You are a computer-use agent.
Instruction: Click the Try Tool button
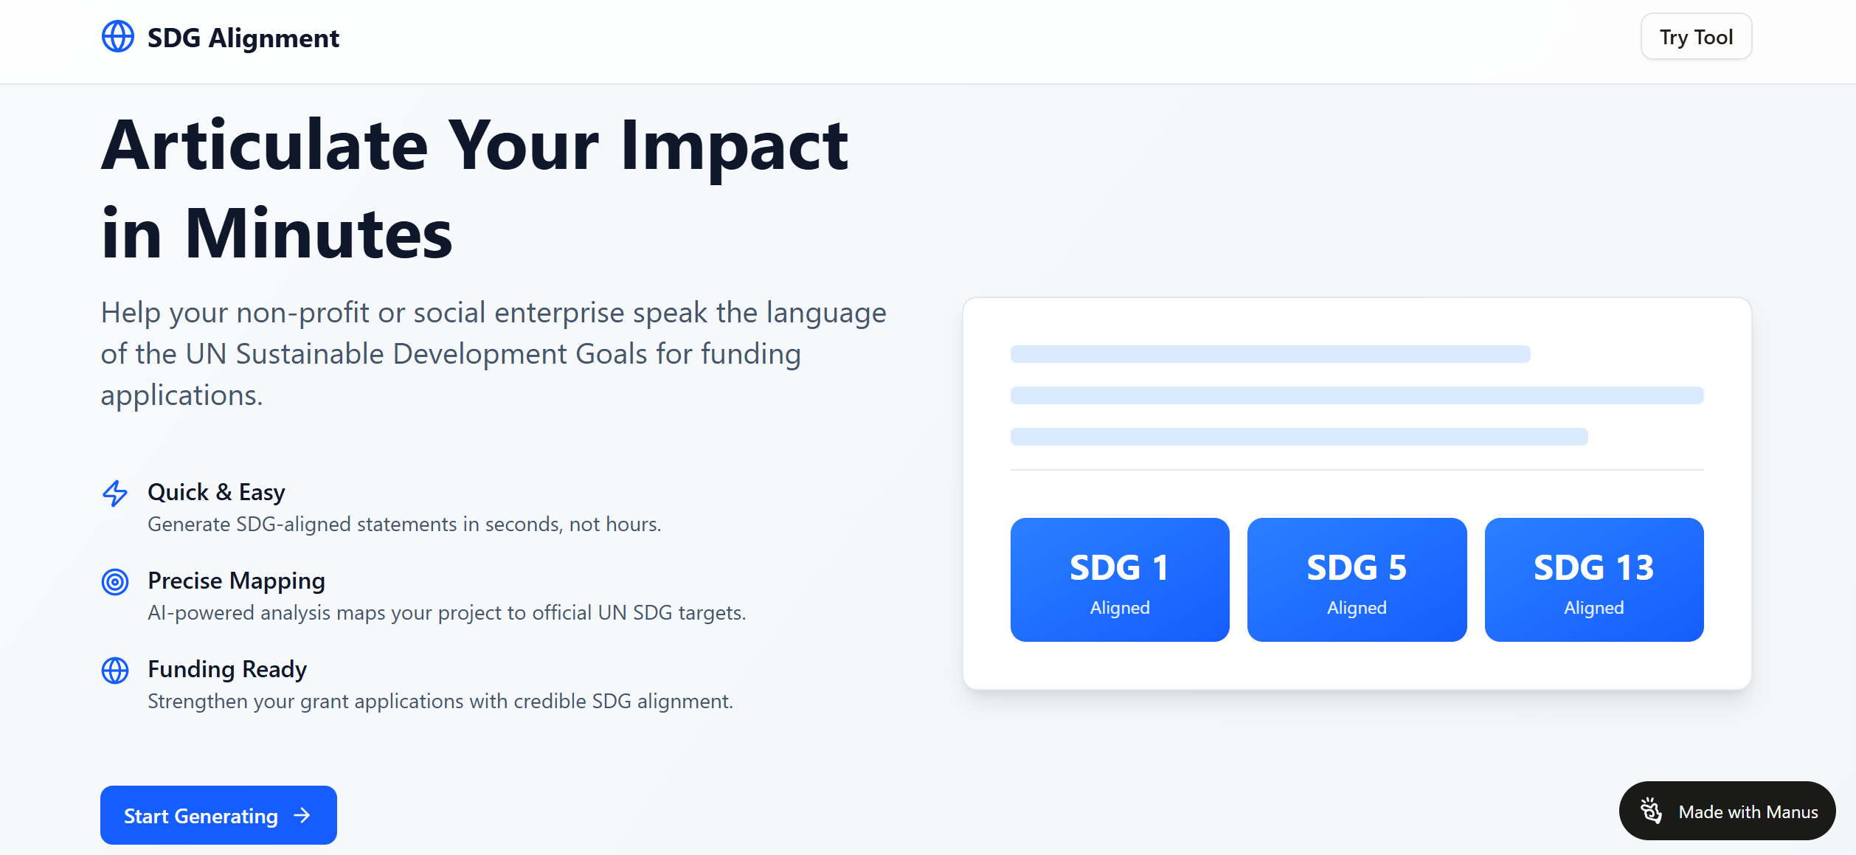1695,37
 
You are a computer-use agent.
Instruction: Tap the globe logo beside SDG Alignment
118,36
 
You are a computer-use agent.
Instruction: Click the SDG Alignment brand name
243,38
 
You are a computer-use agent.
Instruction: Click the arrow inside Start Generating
302,815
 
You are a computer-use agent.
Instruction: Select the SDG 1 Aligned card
1119,580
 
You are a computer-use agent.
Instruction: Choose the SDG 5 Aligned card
1356,580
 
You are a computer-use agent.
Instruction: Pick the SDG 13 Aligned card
1593,580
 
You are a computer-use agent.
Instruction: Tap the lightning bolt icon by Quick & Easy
115,494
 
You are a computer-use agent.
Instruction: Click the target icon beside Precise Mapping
115,582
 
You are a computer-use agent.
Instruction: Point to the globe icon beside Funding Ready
115,671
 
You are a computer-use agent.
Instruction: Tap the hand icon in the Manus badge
1651,811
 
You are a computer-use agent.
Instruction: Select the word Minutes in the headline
319,235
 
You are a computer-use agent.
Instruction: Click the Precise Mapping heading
236,581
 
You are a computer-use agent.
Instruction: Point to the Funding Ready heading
227,669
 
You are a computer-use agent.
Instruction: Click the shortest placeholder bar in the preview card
1270,354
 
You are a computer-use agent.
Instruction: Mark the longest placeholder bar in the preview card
1356,395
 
